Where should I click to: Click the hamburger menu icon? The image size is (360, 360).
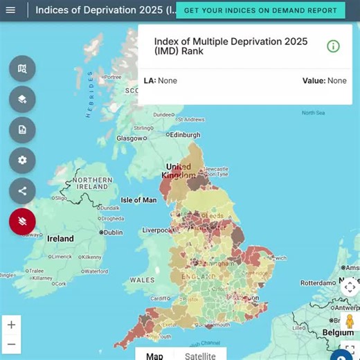(x=10, y=10)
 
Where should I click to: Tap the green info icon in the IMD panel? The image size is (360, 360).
(x=333, y=46)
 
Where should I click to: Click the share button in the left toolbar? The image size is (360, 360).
(x=22, y=191)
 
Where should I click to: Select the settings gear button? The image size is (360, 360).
(x=22, y=160)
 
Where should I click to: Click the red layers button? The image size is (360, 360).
(x=22, y=222)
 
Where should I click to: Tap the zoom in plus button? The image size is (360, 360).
(x=11, y=324)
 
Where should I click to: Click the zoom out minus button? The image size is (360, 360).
(x=11, y=344)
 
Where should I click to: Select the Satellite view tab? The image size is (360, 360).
(x=200, y=356)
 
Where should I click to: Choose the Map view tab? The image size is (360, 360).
(x=154, y=356)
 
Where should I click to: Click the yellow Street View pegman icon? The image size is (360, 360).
(x=350, y=322)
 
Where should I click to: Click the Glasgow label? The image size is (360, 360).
(x=129, y=138)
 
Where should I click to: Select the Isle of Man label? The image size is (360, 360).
(x=138, y=200)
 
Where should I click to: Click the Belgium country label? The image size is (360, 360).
(x=338, y=333)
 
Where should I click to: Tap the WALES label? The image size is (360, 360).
(x=142, y=280)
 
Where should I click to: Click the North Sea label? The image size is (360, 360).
(x=313, y=113)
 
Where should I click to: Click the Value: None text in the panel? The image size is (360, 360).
(x=324, y=81)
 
